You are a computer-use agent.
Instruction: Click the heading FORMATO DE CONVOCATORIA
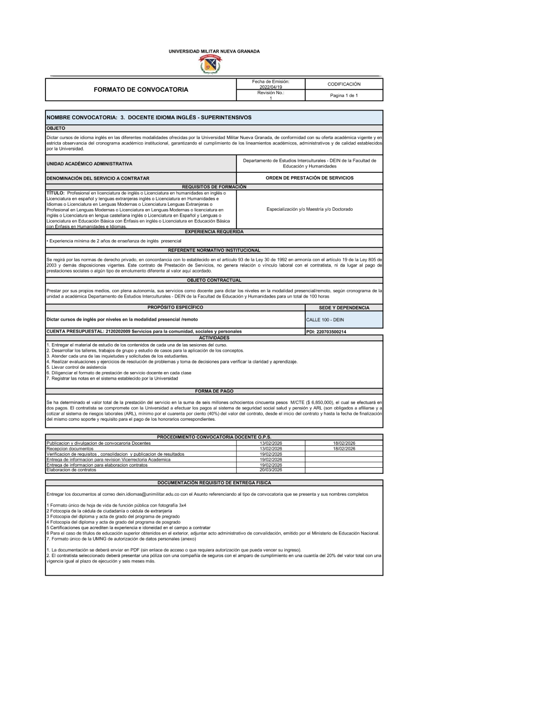coord(141,90)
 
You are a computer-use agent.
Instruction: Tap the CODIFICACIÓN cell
coord(344,84)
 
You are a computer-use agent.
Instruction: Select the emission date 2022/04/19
coord(270,87)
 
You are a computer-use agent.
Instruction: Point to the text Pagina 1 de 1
coord(344,96)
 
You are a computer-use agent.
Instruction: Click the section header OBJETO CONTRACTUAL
coord(214,280)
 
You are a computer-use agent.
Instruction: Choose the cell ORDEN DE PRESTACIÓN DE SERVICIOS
coord(310,178)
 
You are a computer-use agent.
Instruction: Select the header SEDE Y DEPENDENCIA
coord(344,307)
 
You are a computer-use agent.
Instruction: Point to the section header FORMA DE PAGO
coord(214,391)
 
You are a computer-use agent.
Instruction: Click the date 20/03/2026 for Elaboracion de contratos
coord(270,470)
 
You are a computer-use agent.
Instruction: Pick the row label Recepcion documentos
coord(70,449)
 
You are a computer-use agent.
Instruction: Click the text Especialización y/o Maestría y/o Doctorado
coord(310,209)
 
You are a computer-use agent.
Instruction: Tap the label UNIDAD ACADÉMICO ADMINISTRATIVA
coord(89,164)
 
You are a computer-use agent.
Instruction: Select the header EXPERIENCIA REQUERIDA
coord(214,232)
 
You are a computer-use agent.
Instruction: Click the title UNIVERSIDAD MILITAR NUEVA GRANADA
coord(214,51)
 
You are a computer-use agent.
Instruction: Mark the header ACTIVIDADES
coord(214,338)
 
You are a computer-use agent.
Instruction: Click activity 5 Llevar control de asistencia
coord(77,367)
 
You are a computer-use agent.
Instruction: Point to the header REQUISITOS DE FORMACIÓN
coord(214,187)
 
